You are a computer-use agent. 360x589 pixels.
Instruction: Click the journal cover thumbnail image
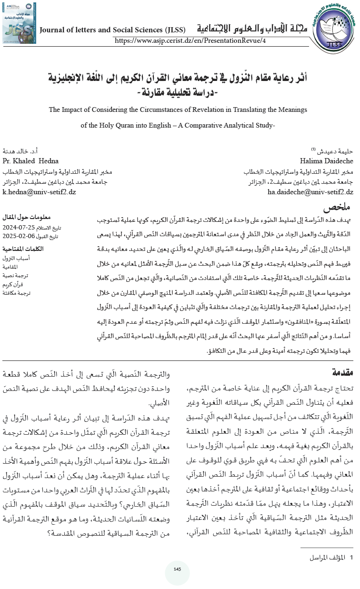tap(19, 23)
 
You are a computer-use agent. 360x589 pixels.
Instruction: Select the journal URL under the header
tap(190, 41)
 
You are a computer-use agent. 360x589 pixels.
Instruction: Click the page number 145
tap(177, 569)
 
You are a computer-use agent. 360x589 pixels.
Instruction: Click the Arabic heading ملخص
tap(338, 208)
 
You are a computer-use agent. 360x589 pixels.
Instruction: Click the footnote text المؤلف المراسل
tap(327, 543)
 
